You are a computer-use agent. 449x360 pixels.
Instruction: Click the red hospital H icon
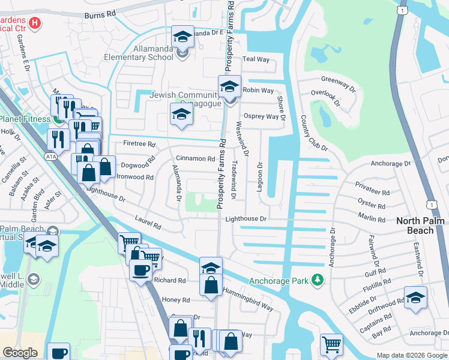coord(35,23)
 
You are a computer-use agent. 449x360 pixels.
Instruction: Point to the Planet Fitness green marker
coord(58,119)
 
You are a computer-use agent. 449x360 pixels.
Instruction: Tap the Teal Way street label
coord(256,59)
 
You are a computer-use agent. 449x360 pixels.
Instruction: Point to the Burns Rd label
coord(100,14)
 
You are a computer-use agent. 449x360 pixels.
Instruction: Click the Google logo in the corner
coord(20,353)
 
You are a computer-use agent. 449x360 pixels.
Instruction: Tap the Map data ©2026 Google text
coord(412,355)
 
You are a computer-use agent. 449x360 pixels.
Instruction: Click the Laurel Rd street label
coord(148,222)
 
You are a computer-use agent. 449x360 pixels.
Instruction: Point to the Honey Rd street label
coord(175,299)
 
